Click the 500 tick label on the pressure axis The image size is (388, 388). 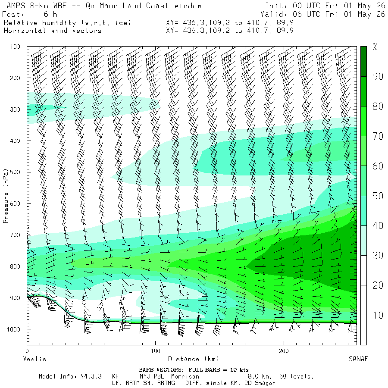tap(15, 172)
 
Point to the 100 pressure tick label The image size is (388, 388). tap(15, 47)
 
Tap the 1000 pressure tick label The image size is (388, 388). tap(13, 329)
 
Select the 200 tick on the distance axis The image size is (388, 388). tap(284, 350)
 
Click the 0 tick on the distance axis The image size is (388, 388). tap(27, 350)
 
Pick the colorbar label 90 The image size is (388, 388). tap(378, 76)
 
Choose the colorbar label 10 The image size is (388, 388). tap(378, 315)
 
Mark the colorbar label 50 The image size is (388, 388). tap(378, 196)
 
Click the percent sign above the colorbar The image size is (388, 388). tap(375, 47)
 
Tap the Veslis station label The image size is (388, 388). tap(34, 359)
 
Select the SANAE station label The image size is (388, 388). tap(359, 359)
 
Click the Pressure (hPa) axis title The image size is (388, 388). tap(6, 196)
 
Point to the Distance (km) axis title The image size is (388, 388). tap(194, 359)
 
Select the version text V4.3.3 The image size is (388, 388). tap(91, 376)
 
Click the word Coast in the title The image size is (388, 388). tap(157, 6)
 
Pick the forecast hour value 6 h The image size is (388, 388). tap(50, 14)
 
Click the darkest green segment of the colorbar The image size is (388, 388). tap(363, 61)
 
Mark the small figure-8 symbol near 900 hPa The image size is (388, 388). tap(84, 300)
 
